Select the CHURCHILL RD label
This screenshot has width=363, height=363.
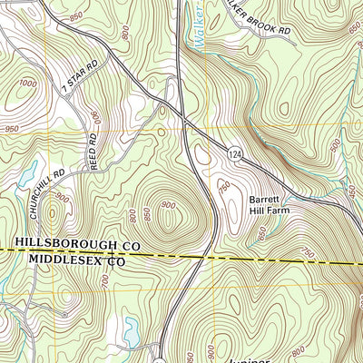coord(44,186)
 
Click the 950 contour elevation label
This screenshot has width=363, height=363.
coord(11,130)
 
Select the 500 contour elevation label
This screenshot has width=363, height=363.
coord(335,145)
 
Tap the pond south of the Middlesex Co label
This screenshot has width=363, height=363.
coord(132,334)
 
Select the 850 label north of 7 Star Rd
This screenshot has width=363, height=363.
coord(75,17)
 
